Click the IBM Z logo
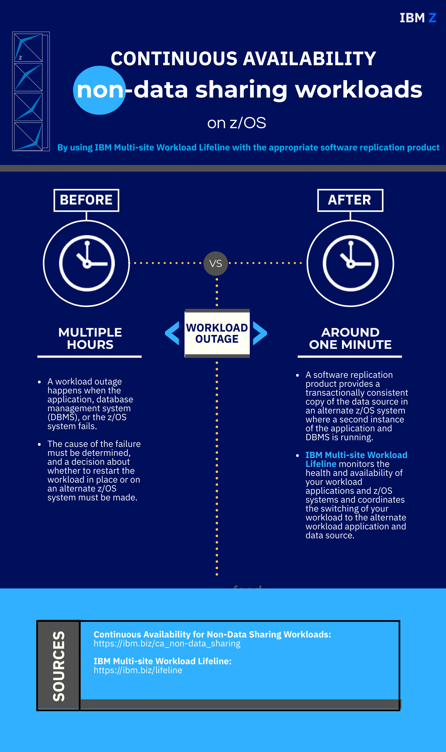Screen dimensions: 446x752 [x=418, y=18]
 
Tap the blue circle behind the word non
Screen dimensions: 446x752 [x=99, y=90]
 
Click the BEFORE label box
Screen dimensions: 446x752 [x=86, y=200]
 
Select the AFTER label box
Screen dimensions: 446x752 [x=350, y=200]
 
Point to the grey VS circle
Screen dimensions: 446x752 [x=215, y=263]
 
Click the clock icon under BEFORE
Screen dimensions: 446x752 [x=87, y=263]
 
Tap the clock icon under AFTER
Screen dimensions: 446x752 [x=350, y=263]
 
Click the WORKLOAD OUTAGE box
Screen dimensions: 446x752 [x=217, y=333]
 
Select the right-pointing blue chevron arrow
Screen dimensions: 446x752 [x=260, y=333]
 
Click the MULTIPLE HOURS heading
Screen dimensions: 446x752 [x=90, y=339]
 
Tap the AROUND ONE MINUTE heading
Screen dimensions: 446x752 [x=350, y=339]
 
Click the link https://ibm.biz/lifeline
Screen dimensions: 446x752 [x=138, y=670]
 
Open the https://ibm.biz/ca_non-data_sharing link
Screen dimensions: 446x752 [x=167, y=643]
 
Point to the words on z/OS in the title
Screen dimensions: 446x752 [x=237, y=123]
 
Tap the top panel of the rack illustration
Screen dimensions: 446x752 [x=28, y=47]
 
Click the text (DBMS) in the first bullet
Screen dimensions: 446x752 [x=62, y=417]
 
